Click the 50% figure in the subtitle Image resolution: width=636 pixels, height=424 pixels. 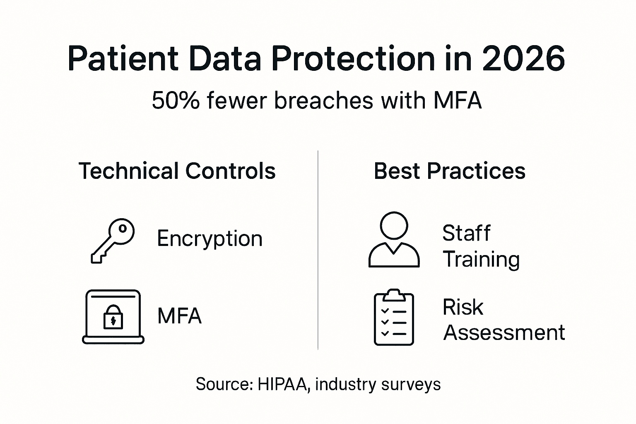point(175,101)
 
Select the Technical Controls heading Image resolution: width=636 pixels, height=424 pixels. point(177,171)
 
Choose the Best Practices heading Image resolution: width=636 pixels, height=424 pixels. point(449,171)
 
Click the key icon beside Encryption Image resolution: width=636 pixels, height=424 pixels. point(113,240)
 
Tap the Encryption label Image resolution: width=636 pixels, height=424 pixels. point(210,239)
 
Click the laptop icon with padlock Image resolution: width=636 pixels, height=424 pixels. point(113,317)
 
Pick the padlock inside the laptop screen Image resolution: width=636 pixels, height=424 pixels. point(113,317)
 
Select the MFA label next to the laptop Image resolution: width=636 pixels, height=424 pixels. point(179,316)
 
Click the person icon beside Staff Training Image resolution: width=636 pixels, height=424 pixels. point(394,240)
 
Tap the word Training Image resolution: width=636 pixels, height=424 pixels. point(481,260)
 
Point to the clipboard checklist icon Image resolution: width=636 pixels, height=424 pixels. point(394,317)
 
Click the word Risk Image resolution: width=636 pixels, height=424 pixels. point(463,307)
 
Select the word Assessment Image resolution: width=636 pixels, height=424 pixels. point(504,332)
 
